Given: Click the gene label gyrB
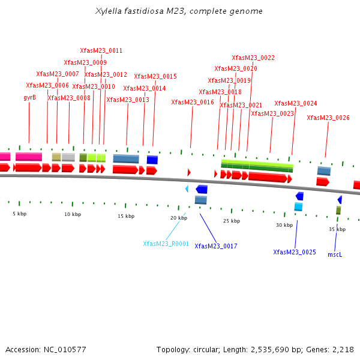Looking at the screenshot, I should coord(29,97).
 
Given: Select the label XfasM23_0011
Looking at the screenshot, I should coord(101,51).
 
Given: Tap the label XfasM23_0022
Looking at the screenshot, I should coord(253,58).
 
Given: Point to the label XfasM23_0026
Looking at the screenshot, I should coord(328,118).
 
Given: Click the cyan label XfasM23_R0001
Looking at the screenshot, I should coord(166,244).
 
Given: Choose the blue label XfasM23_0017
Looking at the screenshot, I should coord(215,247).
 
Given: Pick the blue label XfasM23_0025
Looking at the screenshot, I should coord(294,252).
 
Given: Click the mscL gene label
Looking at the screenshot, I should coord(334,255).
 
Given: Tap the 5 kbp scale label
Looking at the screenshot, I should coord(20,214).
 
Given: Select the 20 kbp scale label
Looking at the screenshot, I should coord(179,218).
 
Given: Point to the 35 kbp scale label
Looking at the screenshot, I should coord(337,229).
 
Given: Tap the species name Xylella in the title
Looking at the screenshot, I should coord(109,11).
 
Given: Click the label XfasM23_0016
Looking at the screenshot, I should coord(193,103).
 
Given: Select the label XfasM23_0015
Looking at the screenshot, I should coord(155,77).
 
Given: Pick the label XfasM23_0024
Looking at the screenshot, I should coord(295,104).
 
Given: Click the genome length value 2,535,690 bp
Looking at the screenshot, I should coord(281,349).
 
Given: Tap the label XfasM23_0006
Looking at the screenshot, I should coord(47,86).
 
